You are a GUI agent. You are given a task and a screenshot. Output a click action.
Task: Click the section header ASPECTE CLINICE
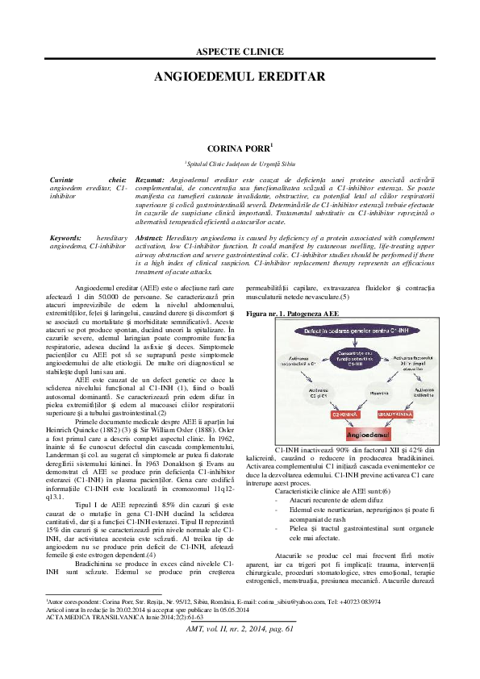240,52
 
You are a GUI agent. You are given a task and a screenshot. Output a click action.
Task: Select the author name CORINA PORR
240,148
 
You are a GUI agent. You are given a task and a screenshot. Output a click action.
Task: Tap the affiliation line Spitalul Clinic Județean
240,162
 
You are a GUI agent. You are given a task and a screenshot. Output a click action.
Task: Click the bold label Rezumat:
151,179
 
